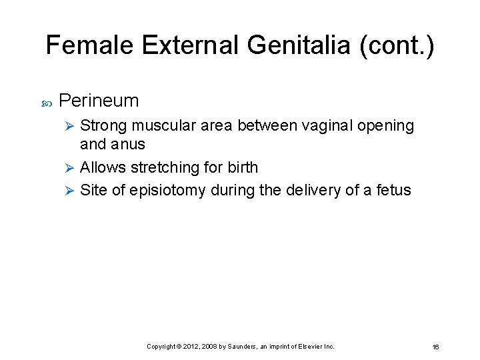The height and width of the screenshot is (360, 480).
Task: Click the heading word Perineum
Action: tap(99, 101)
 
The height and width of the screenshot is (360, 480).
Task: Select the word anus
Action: tap(129, 144)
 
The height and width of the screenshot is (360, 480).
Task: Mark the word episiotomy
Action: tap(169, 191)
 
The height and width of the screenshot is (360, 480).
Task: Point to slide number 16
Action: tap(435, 347)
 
